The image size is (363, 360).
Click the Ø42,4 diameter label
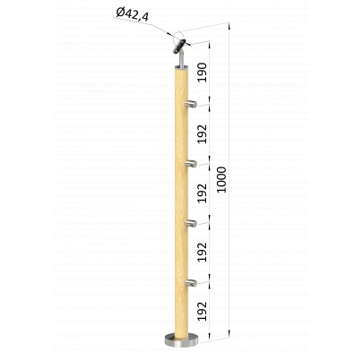[133, 15]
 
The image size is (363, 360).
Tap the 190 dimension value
[203, 73]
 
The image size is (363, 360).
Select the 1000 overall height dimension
[221, 180]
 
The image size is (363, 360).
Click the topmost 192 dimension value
[203, 134]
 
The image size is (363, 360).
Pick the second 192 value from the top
[203, 193]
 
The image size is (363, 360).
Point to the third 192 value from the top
[203, 253]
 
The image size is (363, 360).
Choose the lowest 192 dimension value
[203, 311]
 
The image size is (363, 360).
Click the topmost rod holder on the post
[191, 104]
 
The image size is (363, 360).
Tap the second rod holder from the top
[191, 163]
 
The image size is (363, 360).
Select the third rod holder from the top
[191, 223]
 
